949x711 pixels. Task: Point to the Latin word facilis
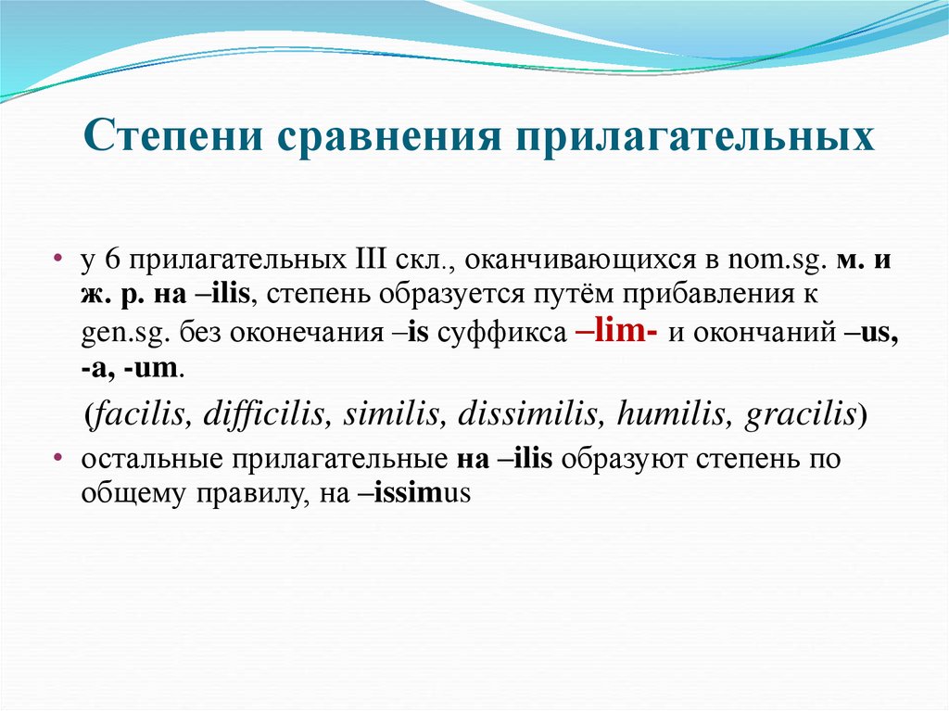139,413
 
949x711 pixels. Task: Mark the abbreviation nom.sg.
775,262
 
